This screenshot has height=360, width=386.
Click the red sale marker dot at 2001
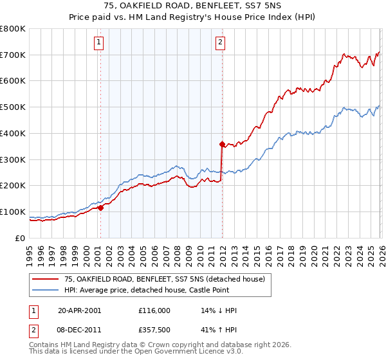(100, 207)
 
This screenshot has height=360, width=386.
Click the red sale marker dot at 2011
(222, 144)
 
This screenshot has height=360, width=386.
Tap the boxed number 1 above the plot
(99, 43)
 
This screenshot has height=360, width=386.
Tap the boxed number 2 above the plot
(220, 43)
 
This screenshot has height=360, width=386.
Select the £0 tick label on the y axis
(21, 238)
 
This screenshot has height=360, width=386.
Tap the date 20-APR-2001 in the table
(79, 310)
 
